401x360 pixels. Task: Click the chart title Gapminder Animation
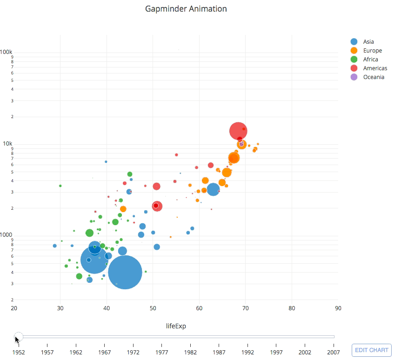tap(186, 9)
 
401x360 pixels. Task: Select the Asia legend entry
tap(368, 42)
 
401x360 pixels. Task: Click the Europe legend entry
tap(372, 51)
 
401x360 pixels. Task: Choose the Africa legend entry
tap(370, 60)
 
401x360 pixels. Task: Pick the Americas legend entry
tap(375, 68)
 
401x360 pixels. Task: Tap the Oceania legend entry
tap(374, 77)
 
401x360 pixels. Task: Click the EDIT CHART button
tap(372, 350)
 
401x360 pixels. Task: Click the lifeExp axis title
tap(176, 326)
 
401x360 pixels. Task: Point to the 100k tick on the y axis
tap(6, 51)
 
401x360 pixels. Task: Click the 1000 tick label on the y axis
tap(7, 235)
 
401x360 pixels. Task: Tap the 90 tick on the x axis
tap(338, 308)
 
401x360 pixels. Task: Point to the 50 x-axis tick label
tap(153, 308)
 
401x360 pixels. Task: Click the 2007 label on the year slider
tap(333, 352)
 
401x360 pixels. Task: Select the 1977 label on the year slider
tap(162, 352)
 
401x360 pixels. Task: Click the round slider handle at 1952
tap(18, 337)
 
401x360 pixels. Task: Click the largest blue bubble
tap(125, 273)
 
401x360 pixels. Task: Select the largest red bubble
tap(238, 131)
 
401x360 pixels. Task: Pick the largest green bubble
tap(90, 233)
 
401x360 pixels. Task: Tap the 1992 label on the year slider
tap(247, 352)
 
